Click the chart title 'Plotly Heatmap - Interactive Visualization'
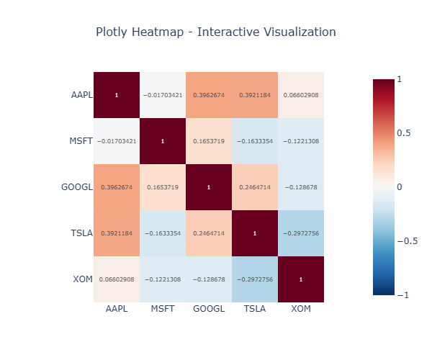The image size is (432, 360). (215, 32)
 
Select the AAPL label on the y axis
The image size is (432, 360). (81, 95)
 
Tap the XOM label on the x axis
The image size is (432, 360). (301, 308)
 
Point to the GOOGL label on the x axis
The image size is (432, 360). (209, 308)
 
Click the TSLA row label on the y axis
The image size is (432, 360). (82, 233)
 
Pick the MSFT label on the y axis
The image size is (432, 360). (81, 141)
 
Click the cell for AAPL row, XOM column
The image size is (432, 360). (301, 95)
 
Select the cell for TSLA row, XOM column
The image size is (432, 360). (301, 233)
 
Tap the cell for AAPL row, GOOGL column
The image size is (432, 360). (209, 95)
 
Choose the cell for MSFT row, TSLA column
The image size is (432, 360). (255, 141)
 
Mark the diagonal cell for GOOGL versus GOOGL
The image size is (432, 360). (209, 187)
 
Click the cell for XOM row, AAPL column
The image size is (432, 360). (117, 279)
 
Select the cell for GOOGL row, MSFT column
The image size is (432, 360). (163, 187)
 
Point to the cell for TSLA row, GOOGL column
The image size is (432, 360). (209, 233)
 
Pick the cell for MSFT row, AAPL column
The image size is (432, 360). (117, 141)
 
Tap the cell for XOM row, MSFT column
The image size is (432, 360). (163, 279)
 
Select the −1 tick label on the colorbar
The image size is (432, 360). (405, 295)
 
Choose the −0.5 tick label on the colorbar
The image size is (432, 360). (408, 241)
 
